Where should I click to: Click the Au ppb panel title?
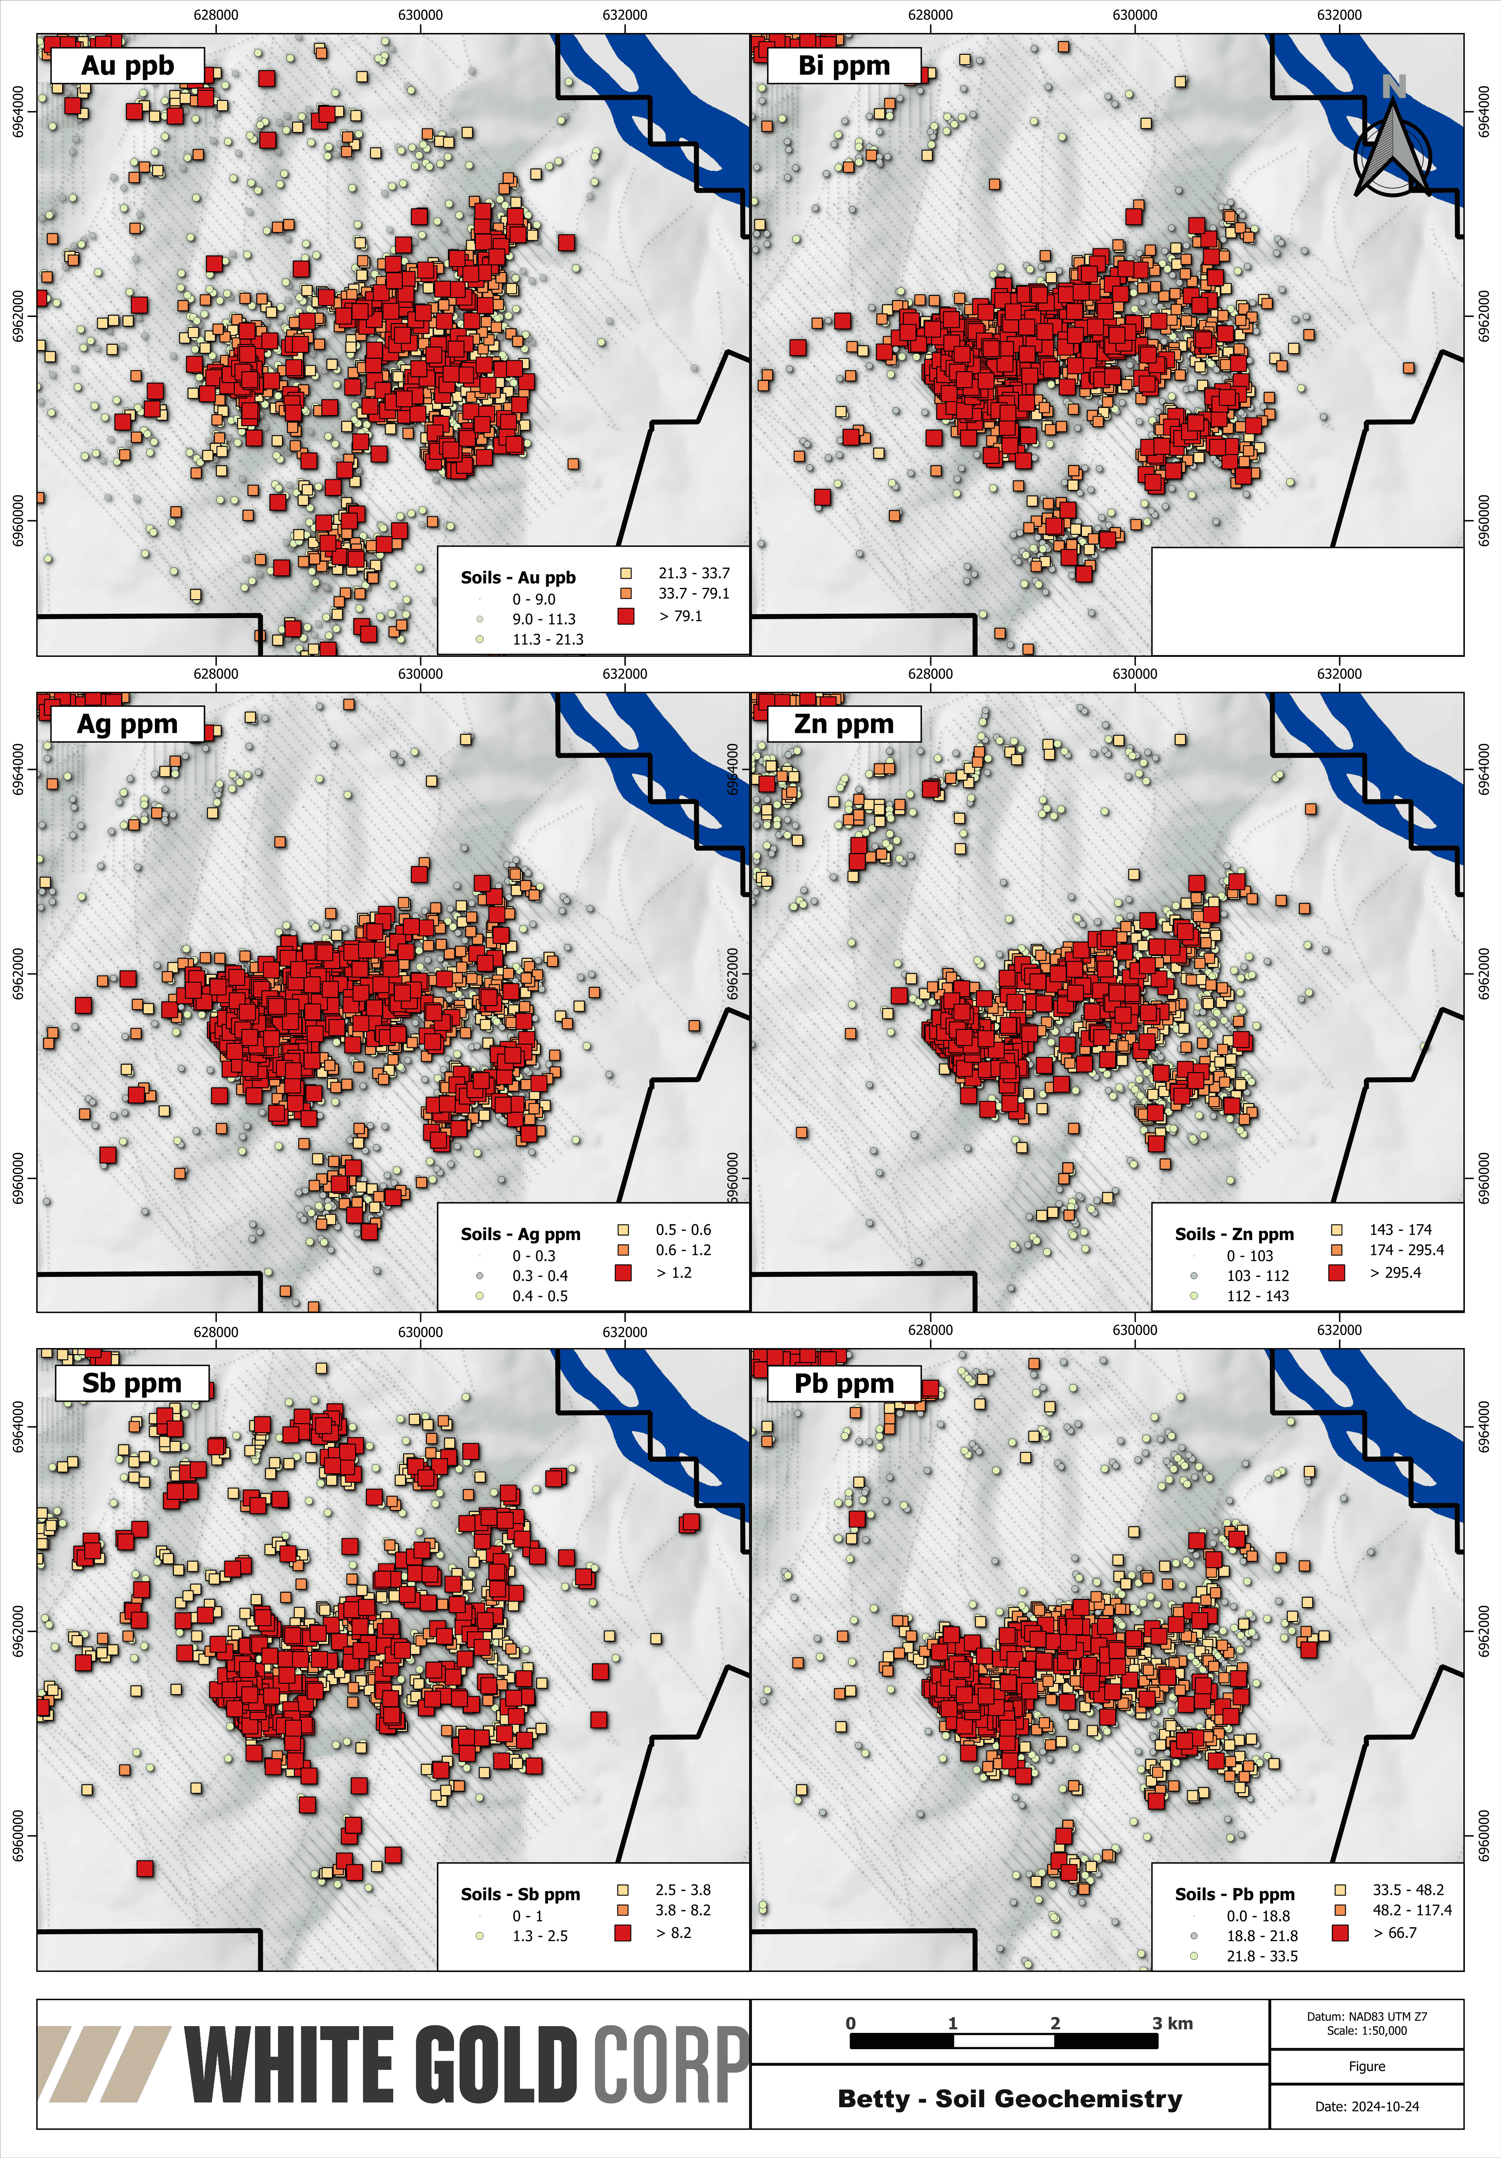[127, 66]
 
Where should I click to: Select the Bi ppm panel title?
[843, 66]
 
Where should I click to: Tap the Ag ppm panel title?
[127, 724]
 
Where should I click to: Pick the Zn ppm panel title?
[843, 724]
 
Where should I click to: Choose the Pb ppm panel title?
[843, 1383]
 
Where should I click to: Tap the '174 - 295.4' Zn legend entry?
[1406, 1250]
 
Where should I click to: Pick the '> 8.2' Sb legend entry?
[673, 1932]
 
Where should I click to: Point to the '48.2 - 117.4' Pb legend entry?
[1412, 1910]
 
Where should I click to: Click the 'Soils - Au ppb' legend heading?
[518, 577]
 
